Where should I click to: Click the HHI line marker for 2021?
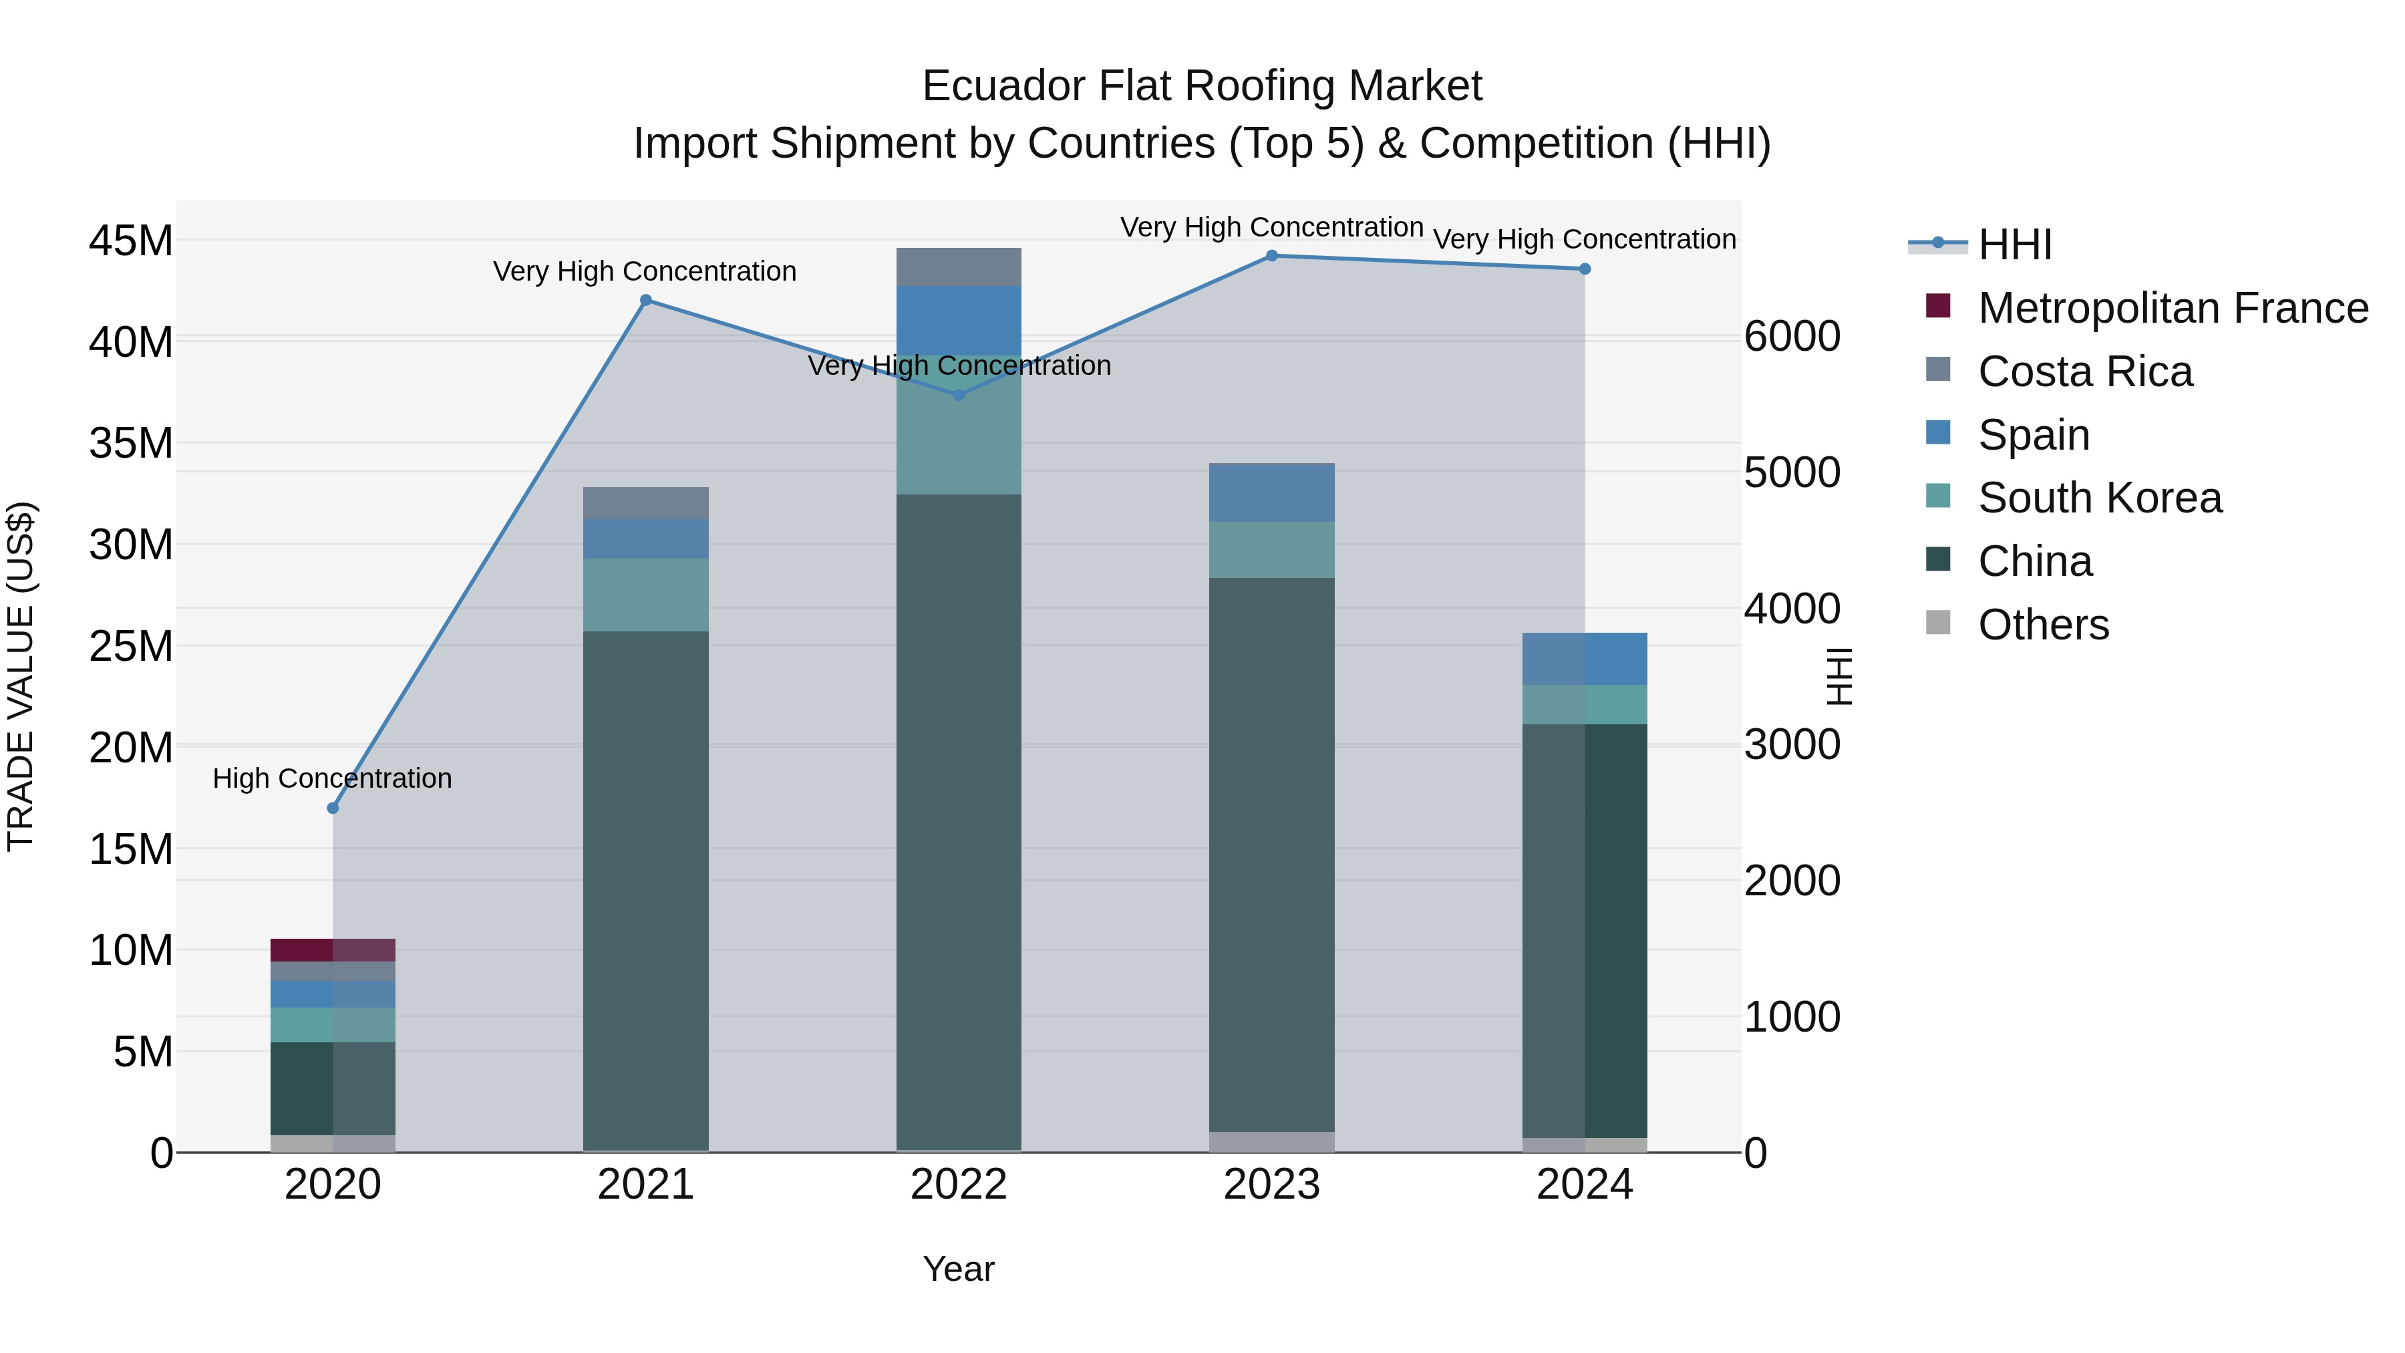[645, 301]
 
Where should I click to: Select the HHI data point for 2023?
[1271, 256]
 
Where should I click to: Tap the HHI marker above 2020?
[333, 808]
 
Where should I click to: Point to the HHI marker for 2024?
[1585, 269]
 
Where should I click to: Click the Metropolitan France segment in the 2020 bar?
[333, 949]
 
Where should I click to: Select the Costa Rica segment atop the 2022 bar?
[959, 267]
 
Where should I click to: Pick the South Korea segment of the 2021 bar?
[645, 595]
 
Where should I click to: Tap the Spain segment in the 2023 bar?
[1271, 492]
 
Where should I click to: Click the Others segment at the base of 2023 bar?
[1271, 1141]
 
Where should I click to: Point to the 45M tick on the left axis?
[131, 241]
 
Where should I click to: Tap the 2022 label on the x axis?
[959, 1185]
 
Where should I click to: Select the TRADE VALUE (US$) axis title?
[21, 676]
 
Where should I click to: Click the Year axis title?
[959, 1269]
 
